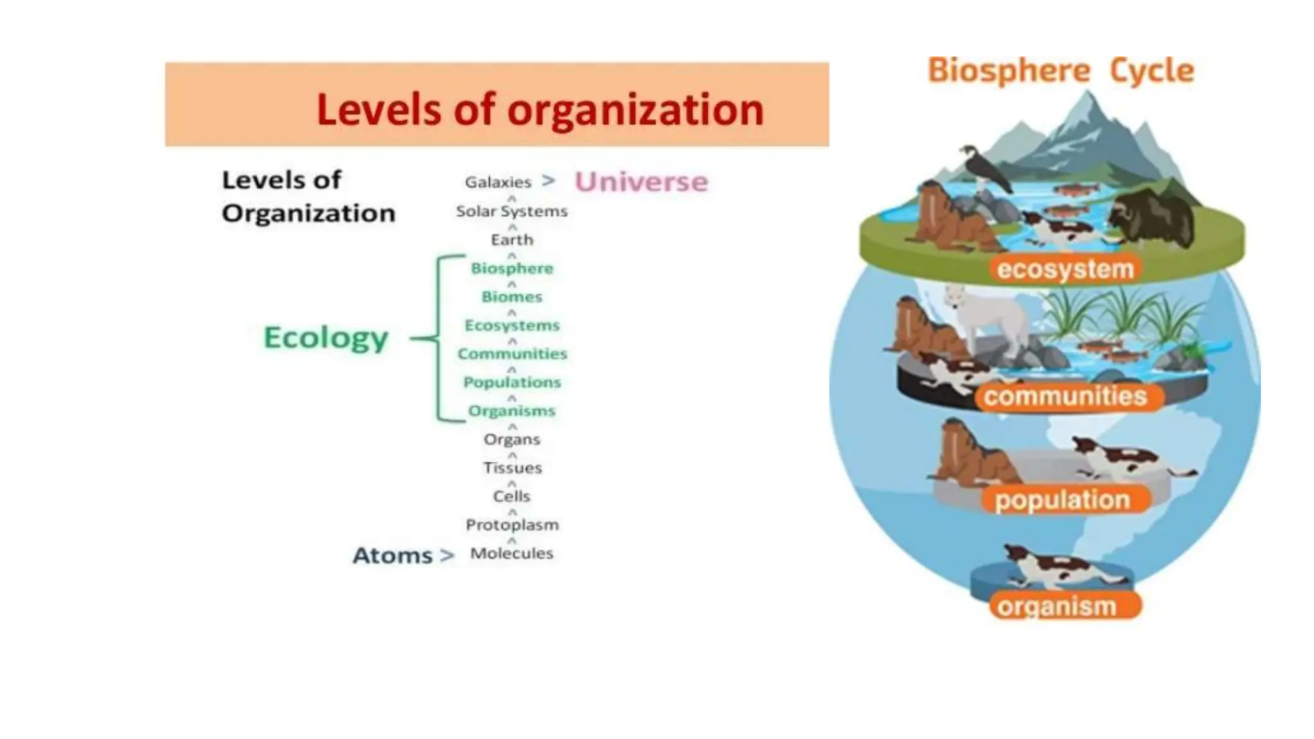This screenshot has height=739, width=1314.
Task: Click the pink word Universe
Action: [641, 182]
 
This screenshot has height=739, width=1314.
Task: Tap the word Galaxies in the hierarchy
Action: [498, 182]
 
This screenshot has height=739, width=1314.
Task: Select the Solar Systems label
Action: [511, 211]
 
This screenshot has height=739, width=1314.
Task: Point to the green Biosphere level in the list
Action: [511, 268]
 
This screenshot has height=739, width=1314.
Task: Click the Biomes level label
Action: [511, 297]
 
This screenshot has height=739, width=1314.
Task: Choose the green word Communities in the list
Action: [512, 353]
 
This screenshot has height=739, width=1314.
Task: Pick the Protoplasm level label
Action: [512, 525]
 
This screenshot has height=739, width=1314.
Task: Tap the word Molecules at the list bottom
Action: [511, 553]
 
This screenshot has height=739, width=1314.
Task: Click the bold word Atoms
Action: [393, 556]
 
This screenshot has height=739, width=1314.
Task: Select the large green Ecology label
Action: [326, 337]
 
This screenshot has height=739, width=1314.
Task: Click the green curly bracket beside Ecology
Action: [440, 338]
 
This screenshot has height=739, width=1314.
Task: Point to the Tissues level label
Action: [512, 468]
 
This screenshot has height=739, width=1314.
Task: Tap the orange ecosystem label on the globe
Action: [1065, 269]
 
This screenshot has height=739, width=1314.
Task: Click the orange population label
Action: [1062, 500]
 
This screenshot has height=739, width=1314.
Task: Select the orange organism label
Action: [1057, 606]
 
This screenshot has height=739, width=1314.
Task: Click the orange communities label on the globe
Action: [1065, 396]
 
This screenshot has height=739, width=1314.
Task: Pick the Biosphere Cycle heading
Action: [1061, 71]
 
